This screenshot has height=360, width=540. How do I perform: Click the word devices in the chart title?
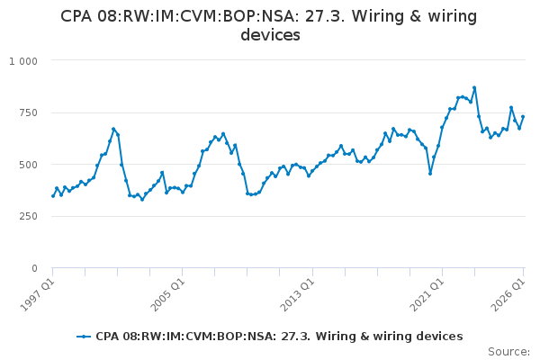(x=270, y=35)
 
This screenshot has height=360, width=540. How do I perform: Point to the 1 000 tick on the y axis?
(x=23, y=61)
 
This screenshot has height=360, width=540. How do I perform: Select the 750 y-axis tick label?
(x=28, y=113)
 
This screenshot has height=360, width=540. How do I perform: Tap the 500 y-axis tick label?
(x=28, y=165)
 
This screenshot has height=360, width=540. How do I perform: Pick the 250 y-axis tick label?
(x=28, y=216)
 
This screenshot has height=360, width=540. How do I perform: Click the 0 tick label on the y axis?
(x=34, y=268)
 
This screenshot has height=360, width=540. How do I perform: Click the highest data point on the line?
(x=474, y=88)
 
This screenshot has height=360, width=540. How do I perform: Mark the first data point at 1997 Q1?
(x=53, y=196)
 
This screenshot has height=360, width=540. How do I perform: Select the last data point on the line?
(x=523, y=117)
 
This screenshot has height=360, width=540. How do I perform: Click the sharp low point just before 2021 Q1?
(x=430, y=174)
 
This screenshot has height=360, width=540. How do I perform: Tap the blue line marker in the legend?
(x=84, y=337)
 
